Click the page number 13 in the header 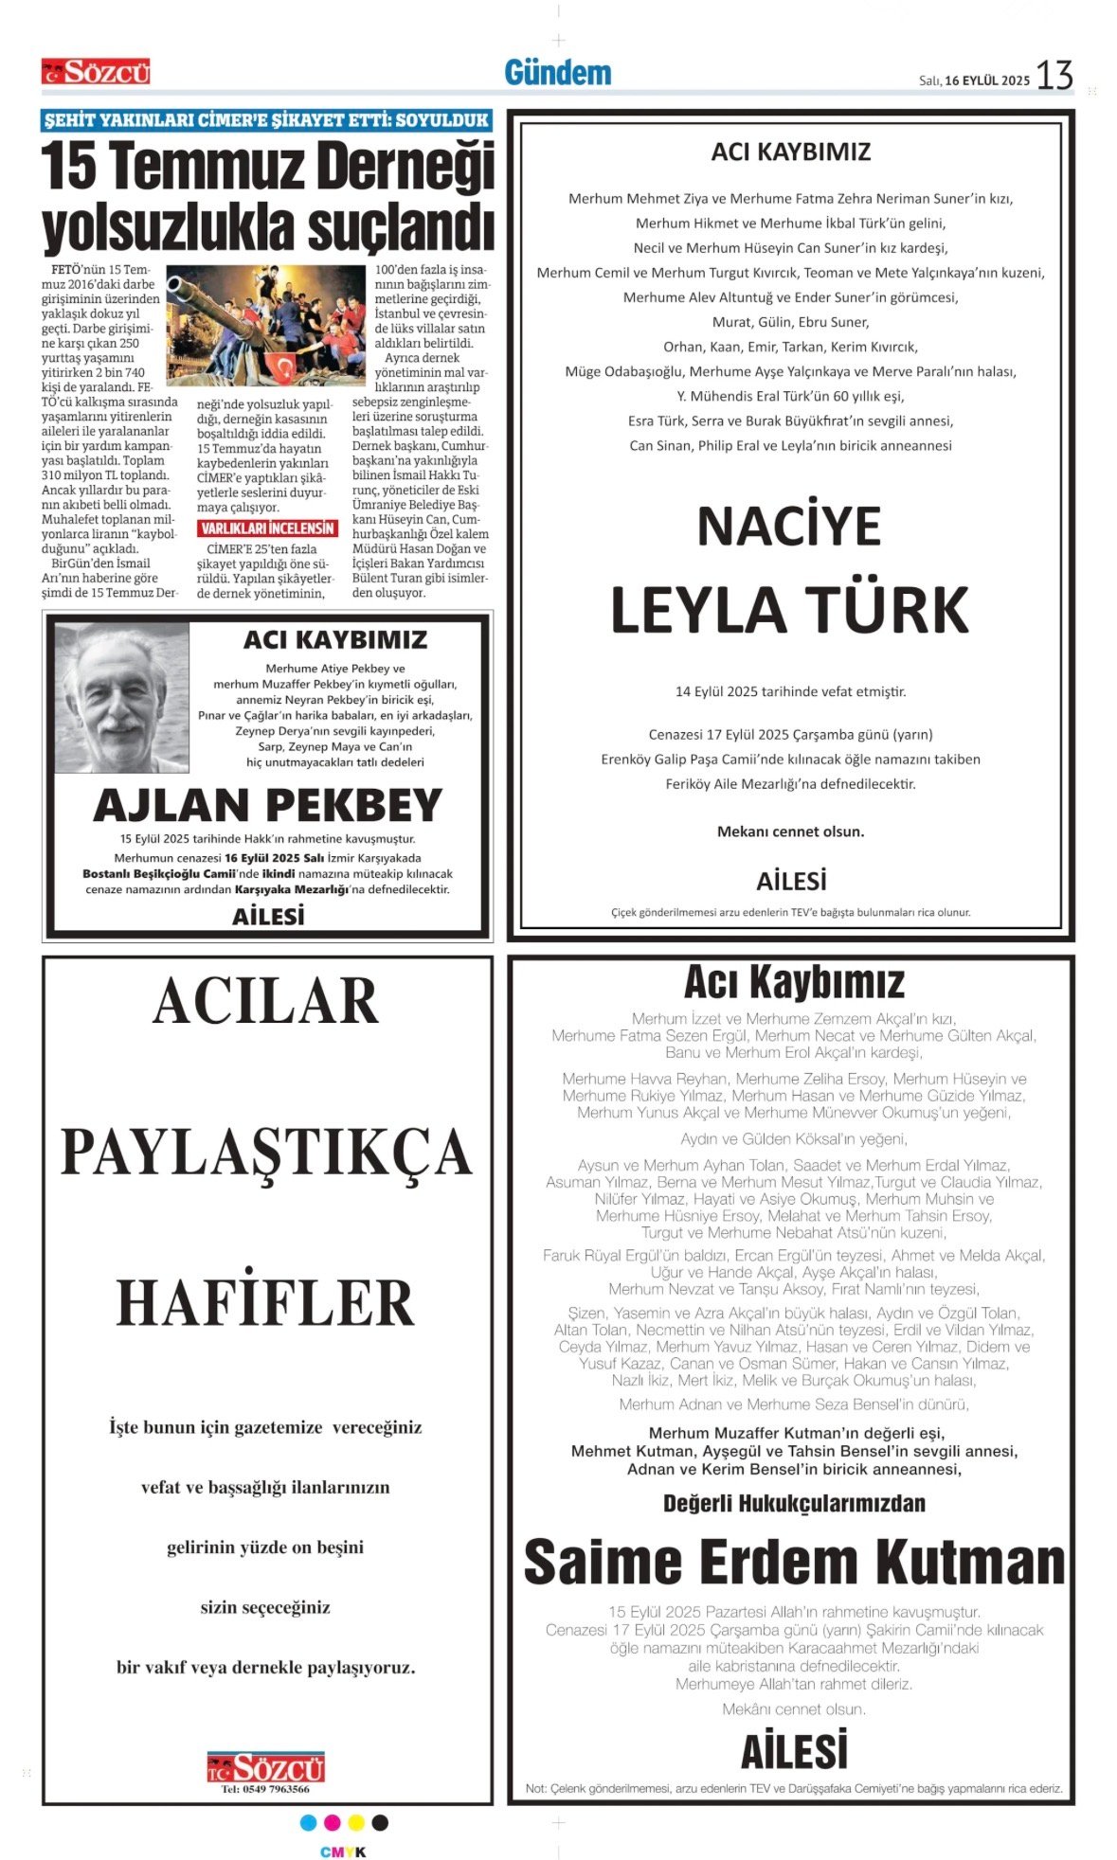(1054, 75)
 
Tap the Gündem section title (557, 73)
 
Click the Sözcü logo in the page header (96, 72)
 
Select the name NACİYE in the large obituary (789, 527)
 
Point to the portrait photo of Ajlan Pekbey (121, 697)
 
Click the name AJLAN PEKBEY (268, 805)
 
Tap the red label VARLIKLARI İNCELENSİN (268, 528)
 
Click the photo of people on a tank (265, 325)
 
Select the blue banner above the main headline (267, 120)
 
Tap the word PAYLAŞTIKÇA (266, 1152)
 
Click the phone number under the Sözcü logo (265, 1789)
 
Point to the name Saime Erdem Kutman (794, 1562)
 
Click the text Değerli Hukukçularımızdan (794, 1503)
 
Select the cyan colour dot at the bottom (308, 1823)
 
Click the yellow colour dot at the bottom (356, 1823)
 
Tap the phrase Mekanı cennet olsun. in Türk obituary (790, 832)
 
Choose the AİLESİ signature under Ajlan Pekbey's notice (268, 916)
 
